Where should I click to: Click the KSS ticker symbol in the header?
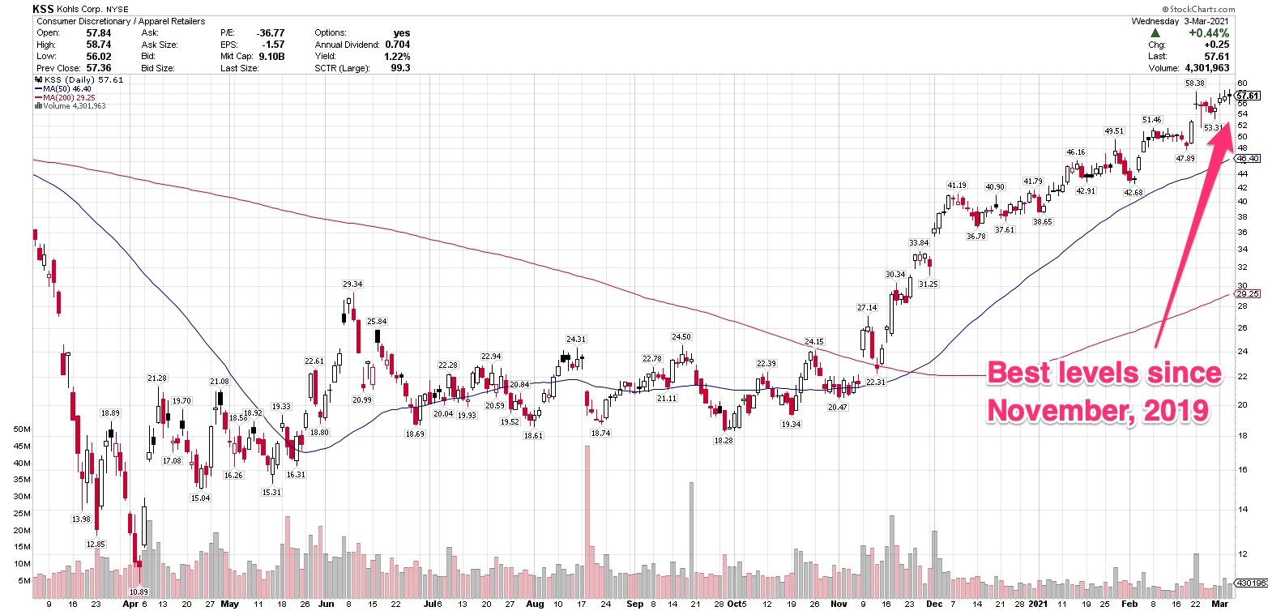(x=44, y=9)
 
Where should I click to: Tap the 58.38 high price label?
(x=1195, y=83)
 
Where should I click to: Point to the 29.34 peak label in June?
(x=352, y=284)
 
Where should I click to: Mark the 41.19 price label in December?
(x=958, y=186)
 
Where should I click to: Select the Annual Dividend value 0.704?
(x=397, y=45)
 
